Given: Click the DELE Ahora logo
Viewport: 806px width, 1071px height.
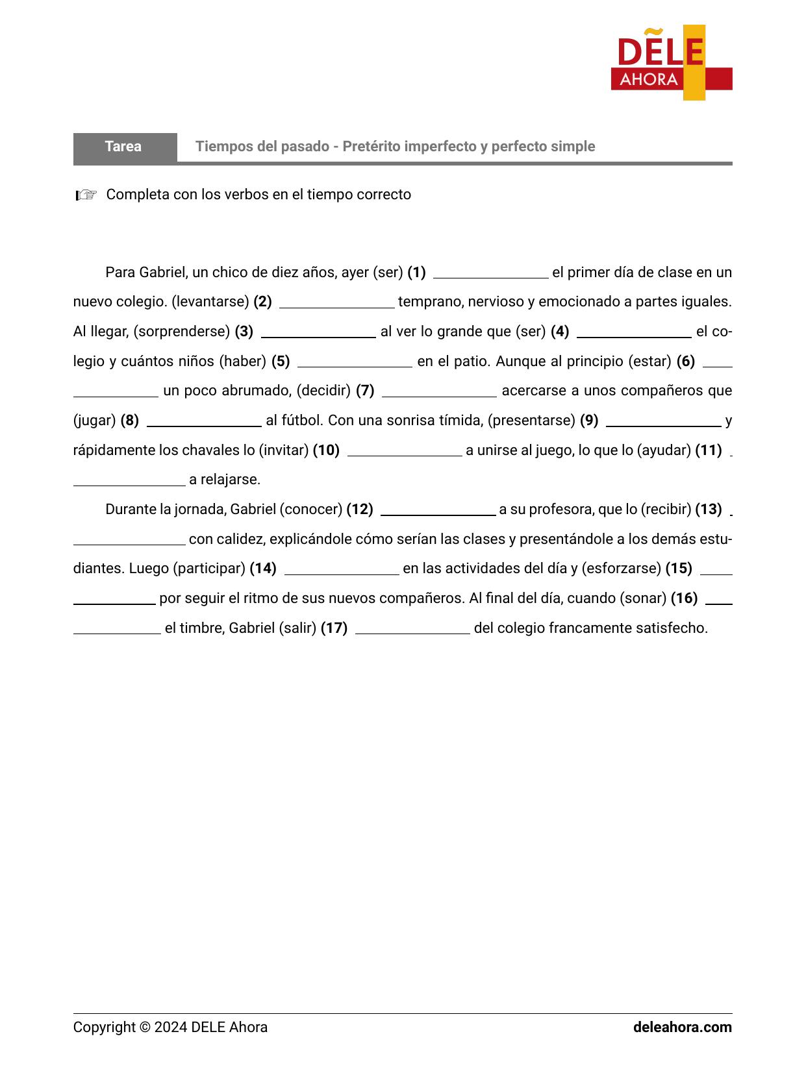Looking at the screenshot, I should pos(671,63).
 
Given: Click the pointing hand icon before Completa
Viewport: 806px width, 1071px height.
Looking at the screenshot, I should pos(86,195).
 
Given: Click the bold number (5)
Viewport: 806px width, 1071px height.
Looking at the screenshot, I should pos(281,362).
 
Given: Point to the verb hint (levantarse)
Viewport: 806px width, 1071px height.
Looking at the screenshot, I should pos(210,302).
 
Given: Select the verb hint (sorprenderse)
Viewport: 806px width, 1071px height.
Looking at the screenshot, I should pos(182,332).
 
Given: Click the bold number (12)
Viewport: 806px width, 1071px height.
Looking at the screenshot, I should pos(360,510).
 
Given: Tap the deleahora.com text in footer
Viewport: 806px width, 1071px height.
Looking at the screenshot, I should pos(682,1028).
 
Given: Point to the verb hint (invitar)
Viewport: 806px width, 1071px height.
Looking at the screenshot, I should pos(284,450).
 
